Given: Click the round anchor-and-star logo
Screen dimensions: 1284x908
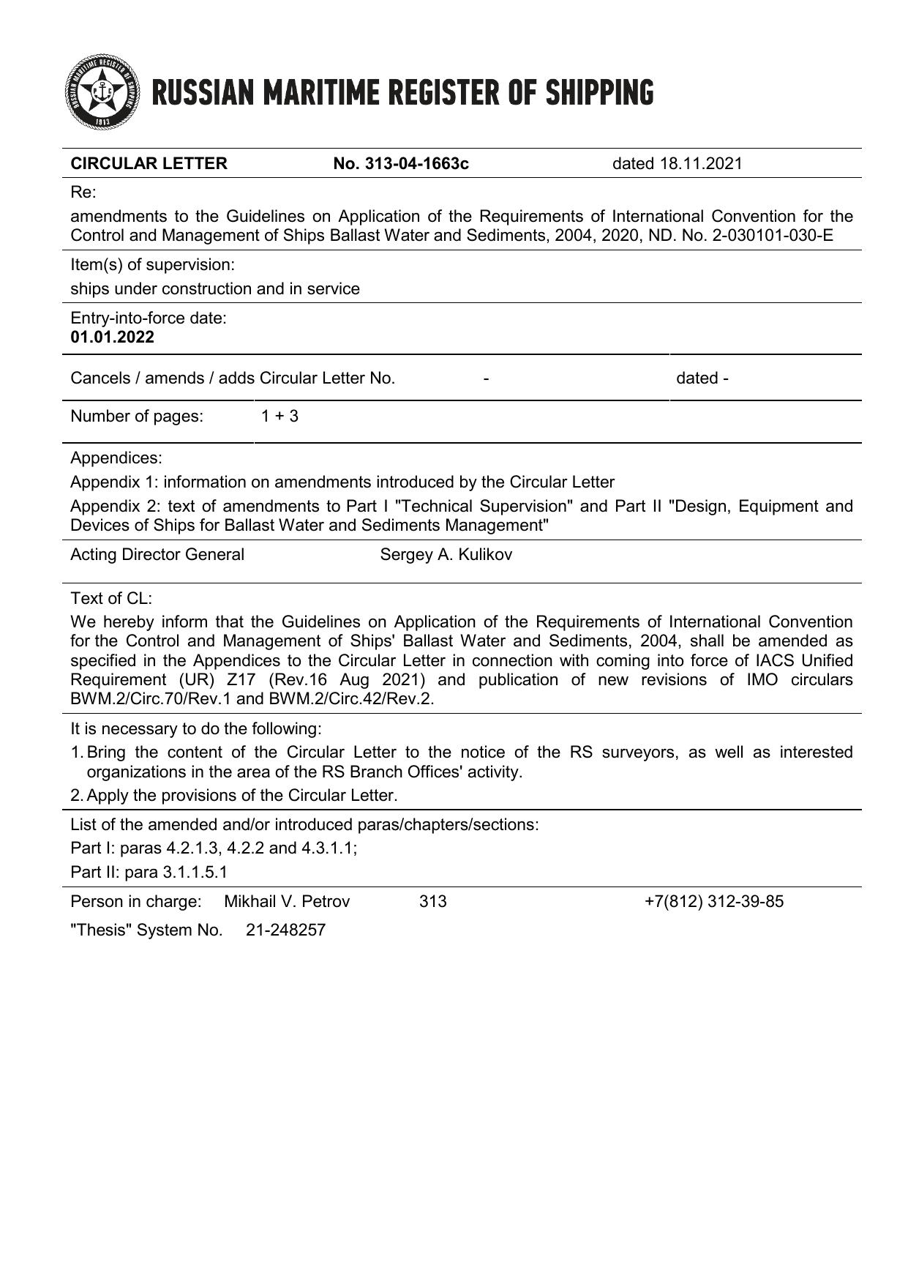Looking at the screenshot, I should click(101, 92).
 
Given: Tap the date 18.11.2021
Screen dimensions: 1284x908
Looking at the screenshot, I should click(700, 163).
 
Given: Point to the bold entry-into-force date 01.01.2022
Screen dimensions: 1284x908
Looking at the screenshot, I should click(112, 337).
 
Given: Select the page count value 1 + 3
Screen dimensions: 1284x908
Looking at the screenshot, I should click(279, 417).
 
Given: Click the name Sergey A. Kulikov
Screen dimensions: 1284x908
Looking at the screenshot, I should click(446, 555).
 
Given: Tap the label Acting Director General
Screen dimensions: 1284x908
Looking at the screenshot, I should click(157, 555).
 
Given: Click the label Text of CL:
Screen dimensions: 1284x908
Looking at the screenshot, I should click(111, 599).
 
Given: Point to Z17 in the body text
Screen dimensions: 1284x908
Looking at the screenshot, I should click(241, 680).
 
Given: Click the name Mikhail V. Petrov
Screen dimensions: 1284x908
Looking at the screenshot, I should click(287, 902).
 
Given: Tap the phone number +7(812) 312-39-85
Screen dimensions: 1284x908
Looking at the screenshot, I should click(713, 902).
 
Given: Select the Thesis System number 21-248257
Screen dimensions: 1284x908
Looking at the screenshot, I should click(285, 931).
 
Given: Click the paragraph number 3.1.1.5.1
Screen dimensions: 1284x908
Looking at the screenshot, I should click(195, 873).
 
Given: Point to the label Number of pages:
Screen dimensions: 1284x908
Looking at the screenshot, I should click(137, 417).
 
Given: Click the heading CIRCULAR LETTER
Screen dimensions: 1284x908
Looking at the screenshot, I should click(149, 163).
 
